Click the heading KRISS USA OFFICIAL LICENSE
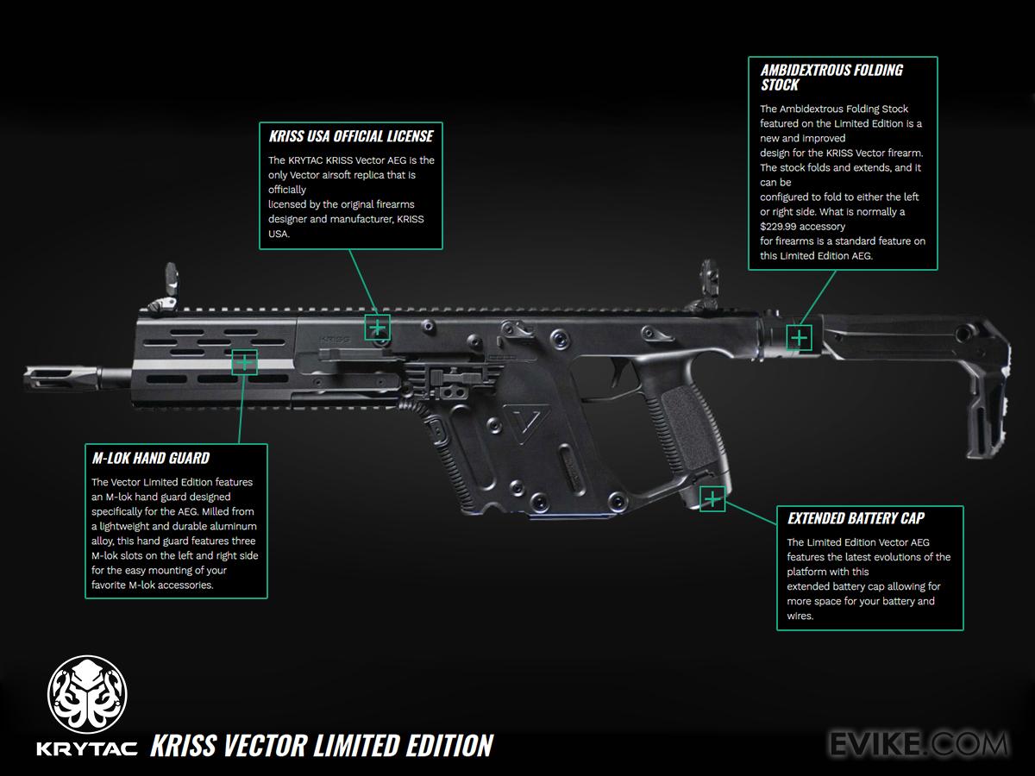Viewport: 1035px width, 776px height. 350,136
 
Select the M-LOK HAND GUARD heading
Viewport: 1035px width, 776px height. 150,458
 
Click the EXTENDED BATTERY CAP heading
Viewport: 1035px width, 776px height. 856,518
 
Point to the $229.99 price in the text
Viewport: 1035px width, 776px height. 779,226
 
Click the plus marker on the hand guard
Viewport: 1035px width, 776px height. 244,362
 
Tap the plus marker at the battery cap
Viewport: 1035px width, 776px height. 712,499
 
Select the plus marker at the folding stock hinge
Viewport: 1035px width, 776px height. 800,337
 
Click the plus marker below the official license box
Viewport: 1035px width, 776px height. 377,327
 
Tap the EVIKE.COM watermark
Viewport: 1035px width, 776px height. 918,742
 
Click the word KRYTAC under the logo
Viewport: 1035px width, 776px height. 87,747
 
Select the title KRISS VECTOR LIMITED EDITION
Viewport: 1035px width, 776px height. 322,745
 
